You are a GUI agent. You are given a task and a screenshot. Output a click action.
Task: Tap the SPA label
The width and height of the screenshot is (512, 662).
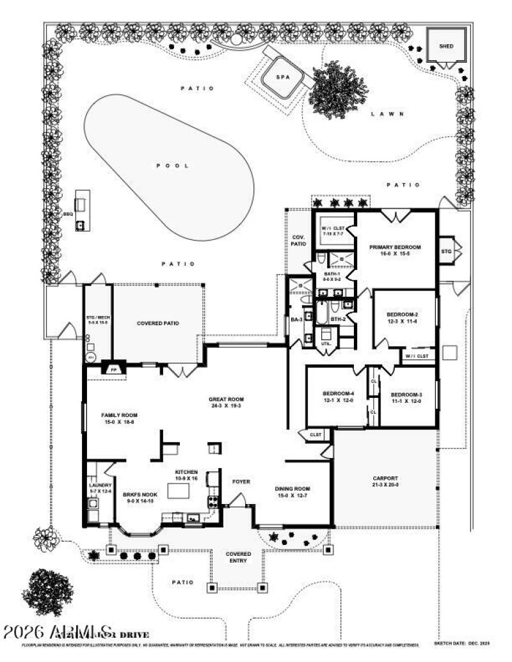point(282,77)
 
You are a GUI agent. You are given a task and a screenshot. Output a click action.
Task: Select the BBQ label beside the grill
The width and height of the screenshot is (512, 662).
point(68,214)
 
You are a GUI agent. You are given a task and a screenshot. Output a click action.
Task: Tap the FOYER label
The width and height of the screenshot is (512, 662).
point(241,481)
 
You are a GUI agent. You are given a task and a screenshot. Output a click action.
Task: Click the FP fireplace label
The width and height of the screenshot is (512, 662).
point(115,370)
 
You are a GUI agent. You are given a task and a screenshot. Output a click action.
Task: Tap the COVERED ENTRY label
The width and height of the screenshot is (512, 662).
point(238,557)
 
